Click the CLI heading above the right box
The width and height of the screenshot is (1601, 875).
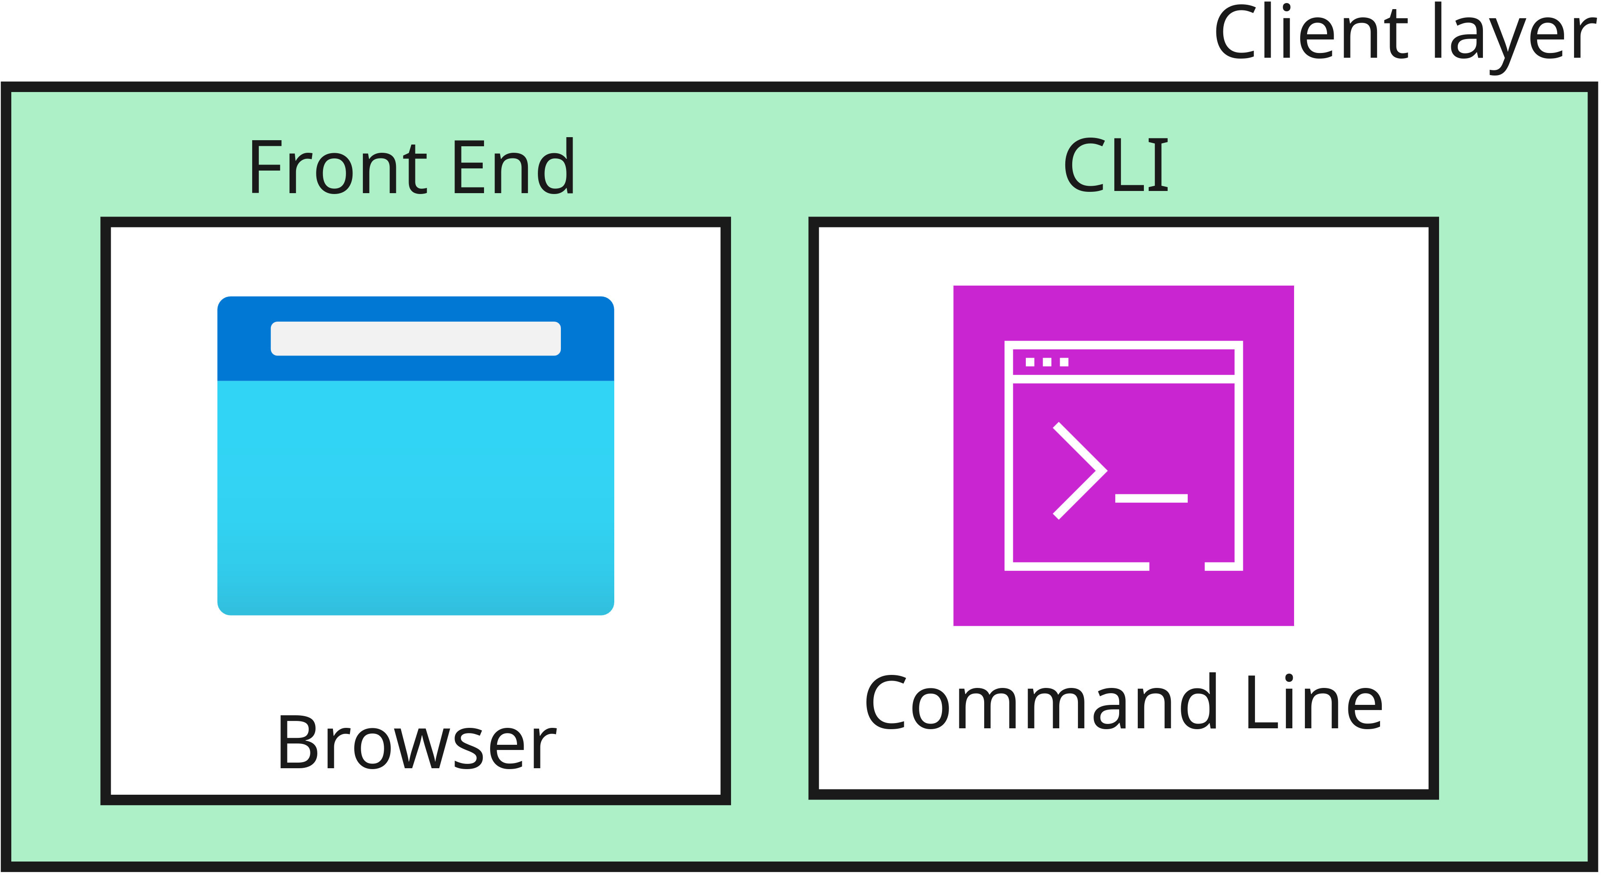coord(1116,165)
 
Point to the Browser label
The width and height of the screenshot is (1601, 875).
coord(416,743)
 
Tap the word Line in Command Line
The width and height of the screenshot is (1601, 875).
coord(1314,703)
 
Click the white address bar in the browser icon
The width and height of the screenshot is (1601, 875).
coord(415,339)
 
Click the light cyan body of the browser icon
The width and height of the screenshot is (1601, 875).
coord(415,491)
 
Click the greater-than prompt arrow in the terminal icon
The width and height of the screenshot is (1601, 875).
coord(1080,471)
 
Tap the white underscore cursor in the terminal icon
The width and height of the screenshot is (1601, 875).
coord(1151,498)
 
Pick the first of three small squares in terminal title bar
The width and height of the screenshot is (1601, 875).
coord(1030,362)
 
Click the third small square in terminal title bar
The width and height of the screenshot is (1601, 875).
coord(1064,362)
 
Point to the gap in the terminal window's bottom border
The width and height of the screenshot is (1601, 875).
coord(1176,566)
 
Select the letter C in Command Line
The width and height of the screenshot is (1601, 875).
coord(887,703)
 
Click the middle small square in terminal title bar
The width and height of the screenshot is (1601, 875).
coord(1047,362)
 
